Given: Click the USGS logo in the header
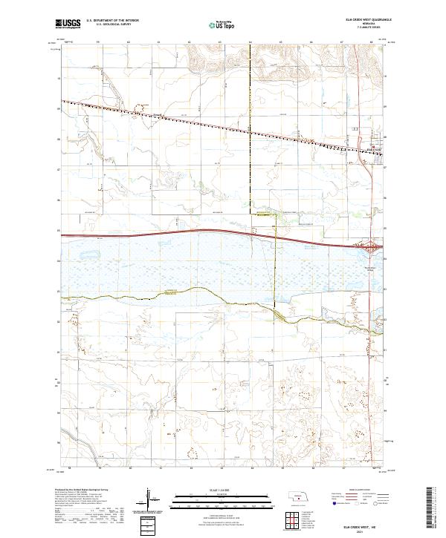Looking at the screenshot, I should pyautogui.click(x=68, y=24).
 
